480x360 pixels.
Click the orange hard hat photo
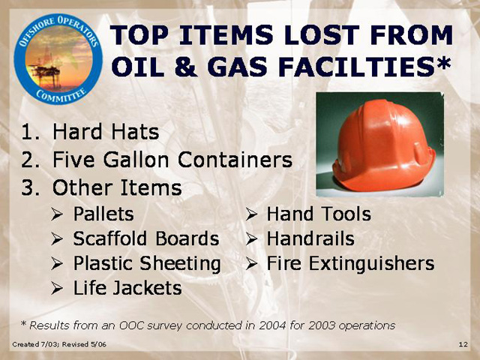380,144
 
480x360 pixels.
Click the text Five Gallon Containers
172,160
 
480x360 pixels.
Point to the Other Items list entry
117,187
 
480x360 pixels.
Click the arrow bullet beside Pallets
57,214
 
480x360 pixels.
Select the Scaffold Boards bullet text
146,238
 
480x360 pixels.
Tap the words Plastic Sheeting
147,263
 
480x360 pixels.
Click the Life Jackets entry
127,288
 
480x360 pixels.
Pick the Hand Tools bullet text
319,214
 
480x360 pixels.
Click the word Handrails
310,238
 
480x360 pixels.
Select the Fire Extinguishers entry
350,263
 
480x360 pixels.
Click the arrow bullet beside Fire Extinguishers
251,263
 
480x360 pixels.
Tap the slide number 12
463,344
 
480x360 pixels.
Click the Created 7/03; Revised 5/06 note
59,344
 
